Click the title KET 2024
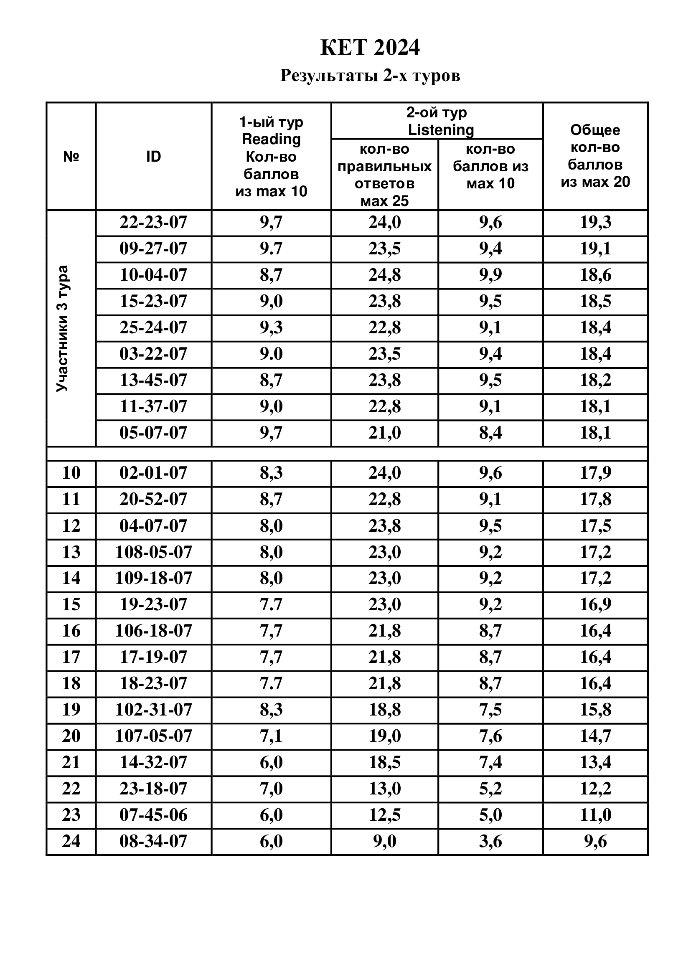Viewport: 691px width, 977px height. coord(370,48)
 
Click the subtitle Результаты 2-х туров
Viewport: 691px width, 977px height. coord(370,76)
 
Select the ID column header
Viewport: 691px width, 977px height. coord(154,157)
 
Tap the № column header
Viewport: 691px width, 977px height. coord(71,157)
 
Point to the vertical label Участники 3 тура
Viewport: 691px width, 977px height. coord(63,328)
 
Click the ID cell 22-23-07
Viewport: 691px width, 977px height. coord(153,223)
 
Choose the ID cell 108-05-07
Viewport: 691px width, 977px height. coord(154,552)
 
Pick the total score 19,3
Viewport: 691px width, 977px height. coord(595,223)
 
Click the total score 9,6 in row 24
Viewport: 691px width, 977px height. coord(595,841)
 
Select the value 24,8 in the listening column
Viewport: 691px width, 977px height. coord(384,275)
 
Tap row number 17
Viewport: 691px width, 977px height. coord(71,657)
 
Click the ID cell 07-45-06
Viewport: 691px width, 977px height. coord(153,815)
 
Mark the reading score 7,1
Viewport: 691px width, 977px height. coord(271,736)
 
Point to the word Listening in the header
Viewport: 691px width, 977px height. coord(441,130)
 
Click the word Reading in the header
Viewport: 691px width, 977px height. coord(271,139)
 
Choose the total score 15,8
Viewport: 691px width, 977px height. coord(595,710)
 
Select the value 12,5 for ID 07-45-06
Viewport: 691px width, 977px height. coord(384,815)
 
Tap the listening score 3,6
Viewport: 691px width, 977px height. coord(490,841)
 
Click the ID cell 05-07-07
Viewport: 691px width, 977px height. coord(153,433)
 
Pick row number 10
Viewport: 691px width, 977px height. coord(71,473)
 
